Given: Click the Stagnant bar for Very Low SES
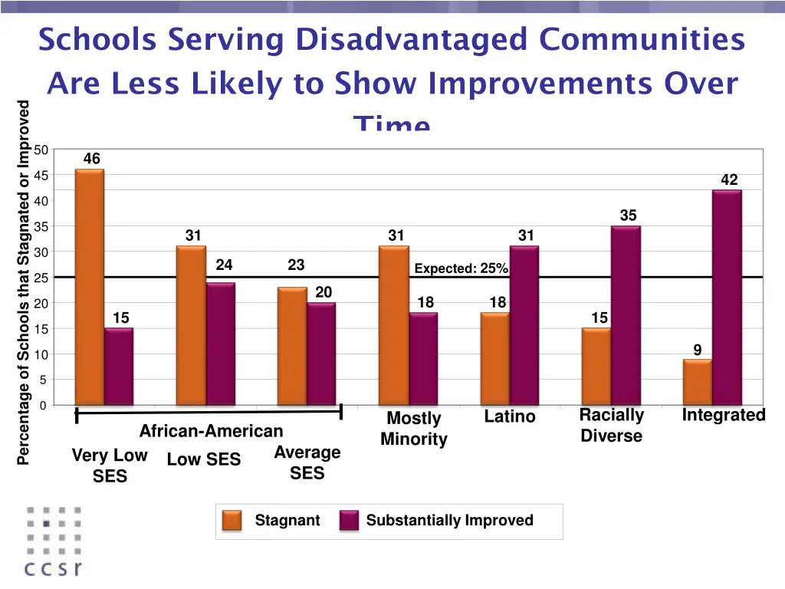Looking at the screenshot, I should point(90,287).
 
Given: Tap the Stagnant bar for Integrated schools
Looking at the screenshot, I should point(697,382).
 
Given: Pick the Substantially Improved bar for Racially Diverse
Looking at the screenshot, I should point(626,315).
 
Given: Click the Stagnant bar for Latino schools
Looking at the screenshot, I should point(494,359).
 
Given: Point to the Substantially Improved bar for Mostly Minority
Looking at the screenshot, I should point(423,359).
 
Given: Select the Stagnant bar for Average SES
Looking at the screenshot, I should point(292,346).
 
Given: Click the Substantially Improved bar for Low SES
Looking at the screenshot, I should point(221,344).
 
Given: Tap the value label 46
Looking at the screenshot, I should point(91,159).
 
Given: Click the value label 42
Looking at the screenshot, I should point(729,180).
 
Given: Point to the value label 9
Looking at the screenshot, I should point(698,350).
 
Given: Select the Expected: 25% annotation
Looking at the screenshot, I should point(461,268).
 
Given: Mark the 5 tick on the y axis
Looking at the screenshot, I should point(44,380).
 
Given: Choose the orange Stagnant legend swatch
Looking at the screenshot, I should point(232,521).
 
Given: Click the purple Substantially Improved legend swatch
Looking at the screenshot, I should point(350,521).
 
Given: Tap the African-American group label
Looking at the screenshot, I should point(211,431).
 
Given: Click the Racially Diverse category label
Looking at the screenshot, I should point(611,426).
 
